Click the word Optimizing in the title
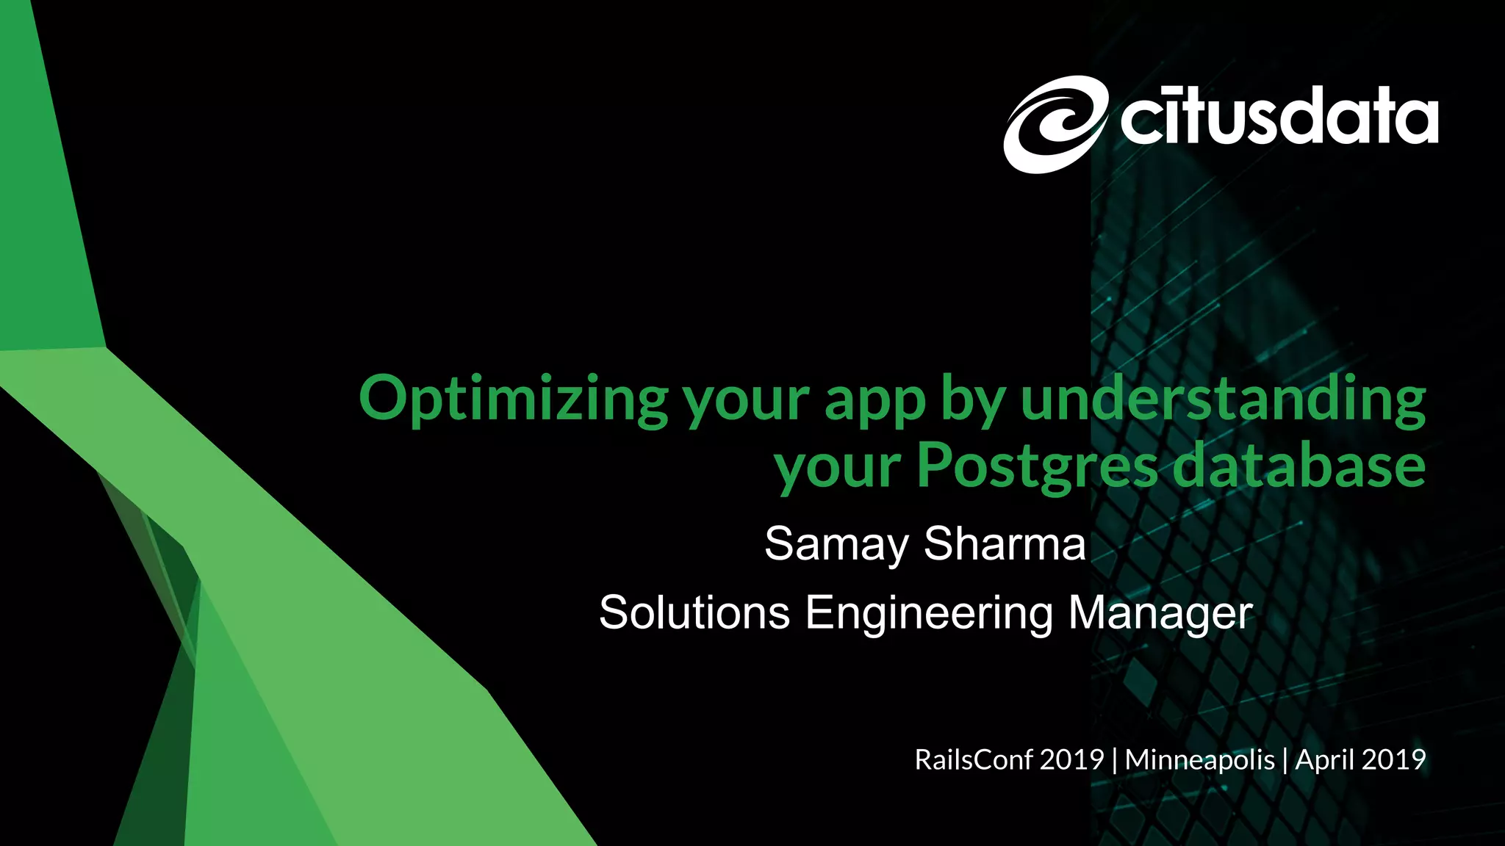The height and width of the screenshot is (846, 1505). point(513,400)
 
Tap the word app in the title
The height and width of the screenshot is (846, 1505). point(874,402)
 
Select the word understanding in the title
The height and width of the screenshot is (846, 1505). point(1223,400)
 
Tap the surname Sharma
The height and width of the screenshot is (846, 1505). point(1005,543)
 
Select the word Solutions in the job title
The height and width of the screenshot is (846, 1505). point(694,612)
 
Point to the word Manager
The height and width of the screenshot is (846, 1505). point(1160,612)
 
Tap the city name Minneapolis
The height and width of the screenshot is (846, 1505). point(1199,759)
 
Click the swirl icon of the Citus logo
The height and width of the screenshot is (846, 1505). point(1055,124)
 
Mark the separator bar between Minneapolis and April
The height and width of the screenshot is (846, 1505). point(1285,759)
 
